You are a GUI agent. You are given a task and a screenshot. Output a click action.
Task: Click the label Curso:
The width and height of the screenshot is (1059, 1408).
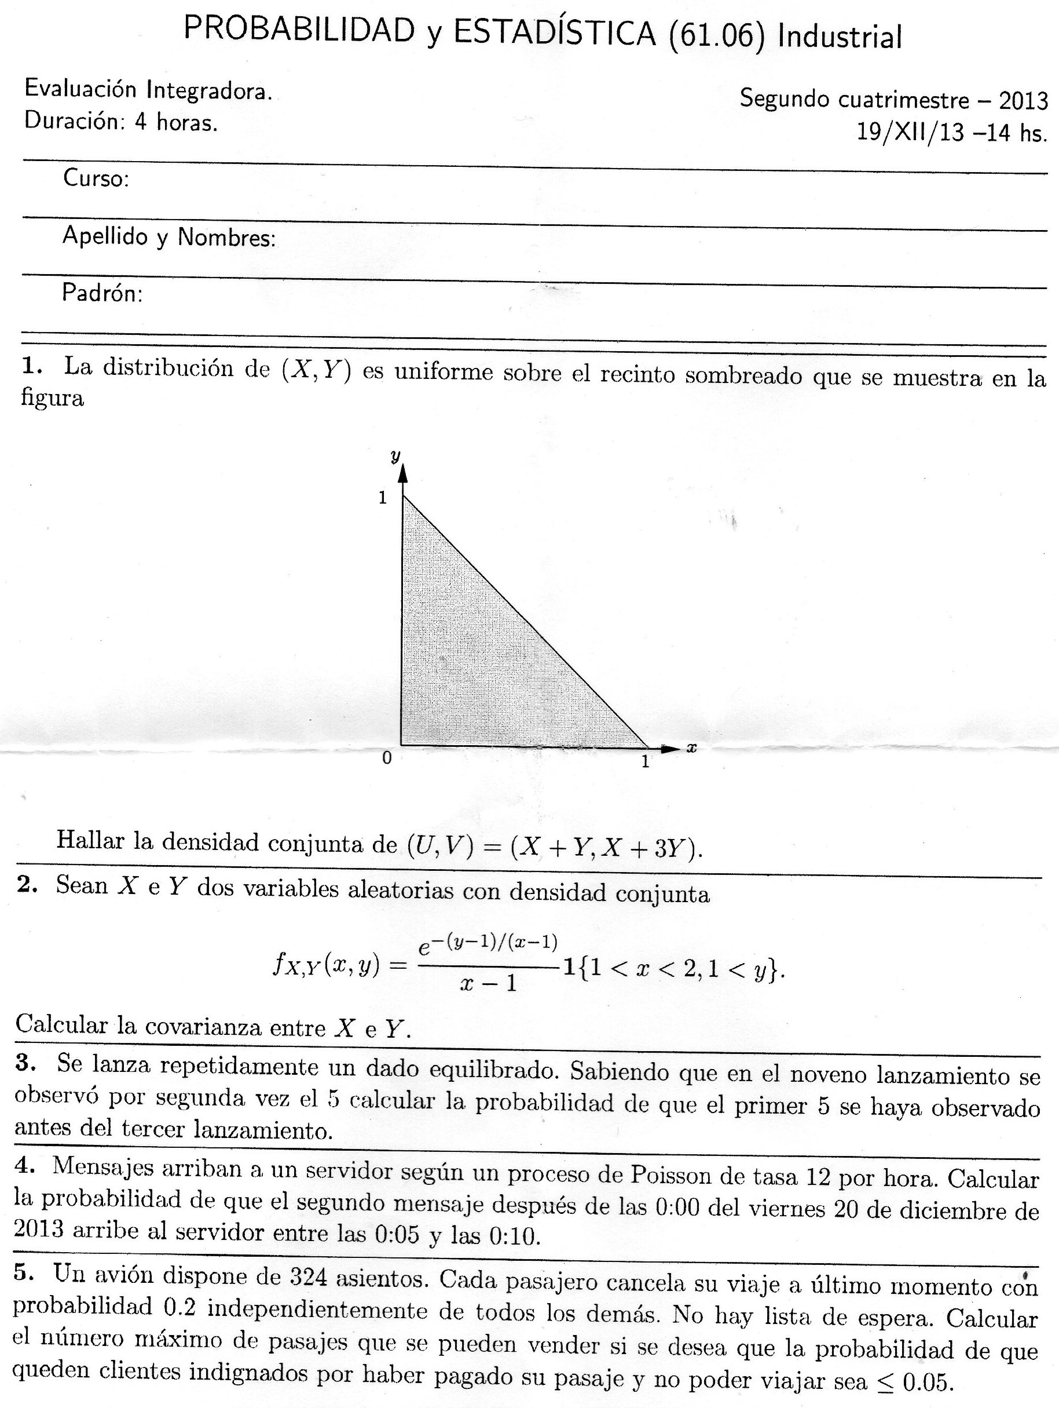tap(96, 179)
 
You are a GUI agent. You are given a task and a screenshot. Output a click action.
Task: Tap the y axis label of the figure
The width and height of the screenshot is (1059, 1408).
tap(396, 456)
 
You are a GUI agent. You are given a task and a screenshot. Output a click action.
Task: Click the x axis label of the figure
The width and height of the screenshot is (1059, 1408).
tap(692, 749)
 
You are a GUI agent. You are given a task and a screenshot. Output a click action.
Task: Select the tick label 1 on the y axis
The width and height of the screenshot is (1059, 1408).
tap(383, 498)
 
